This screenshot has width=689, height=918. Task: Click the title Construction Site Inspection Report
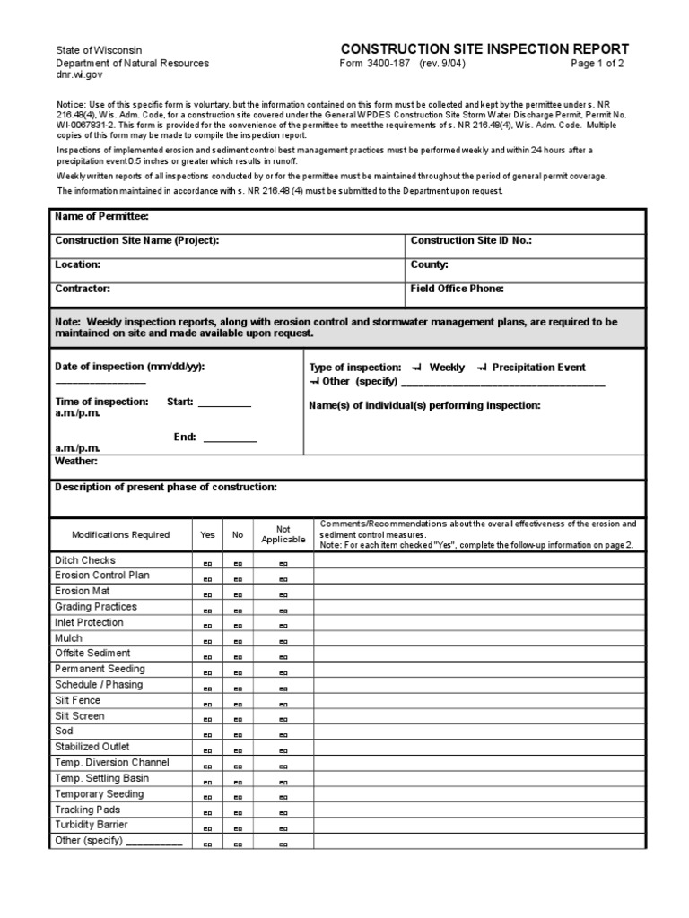[x=484, y=49]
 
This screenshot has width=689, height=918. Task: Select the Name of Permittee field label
[x=101, y=216]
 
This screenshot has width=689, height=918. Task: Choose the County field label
[x=429, y=264]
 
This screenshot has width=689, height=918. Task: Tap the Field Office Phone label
[x=457, y=289]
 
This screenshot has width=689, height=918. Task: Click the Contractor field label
[x=83, y=289]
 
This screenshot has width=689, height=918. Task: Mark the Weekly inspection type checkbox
[x=417, y=368]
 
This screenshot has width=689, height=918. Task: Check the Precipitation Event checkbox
[x=482, y=368]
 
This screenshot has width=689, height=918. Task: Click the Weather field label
[x=76, y=461]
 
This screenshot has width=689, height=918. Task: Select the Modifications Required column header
[x=120, y=534]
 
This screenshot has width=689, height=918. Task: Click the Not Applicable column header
[x=283, y=534]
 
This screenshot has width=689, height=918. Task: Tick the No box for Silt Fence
[x=238, y=704]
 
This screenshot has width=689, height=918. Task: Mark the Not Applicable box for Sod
[x=283, y=735]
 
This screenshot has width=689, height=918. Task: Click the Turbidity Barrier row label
[x=92, y=825]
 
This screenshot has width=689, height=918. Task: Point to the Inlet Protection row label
[x=89, y=622]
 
